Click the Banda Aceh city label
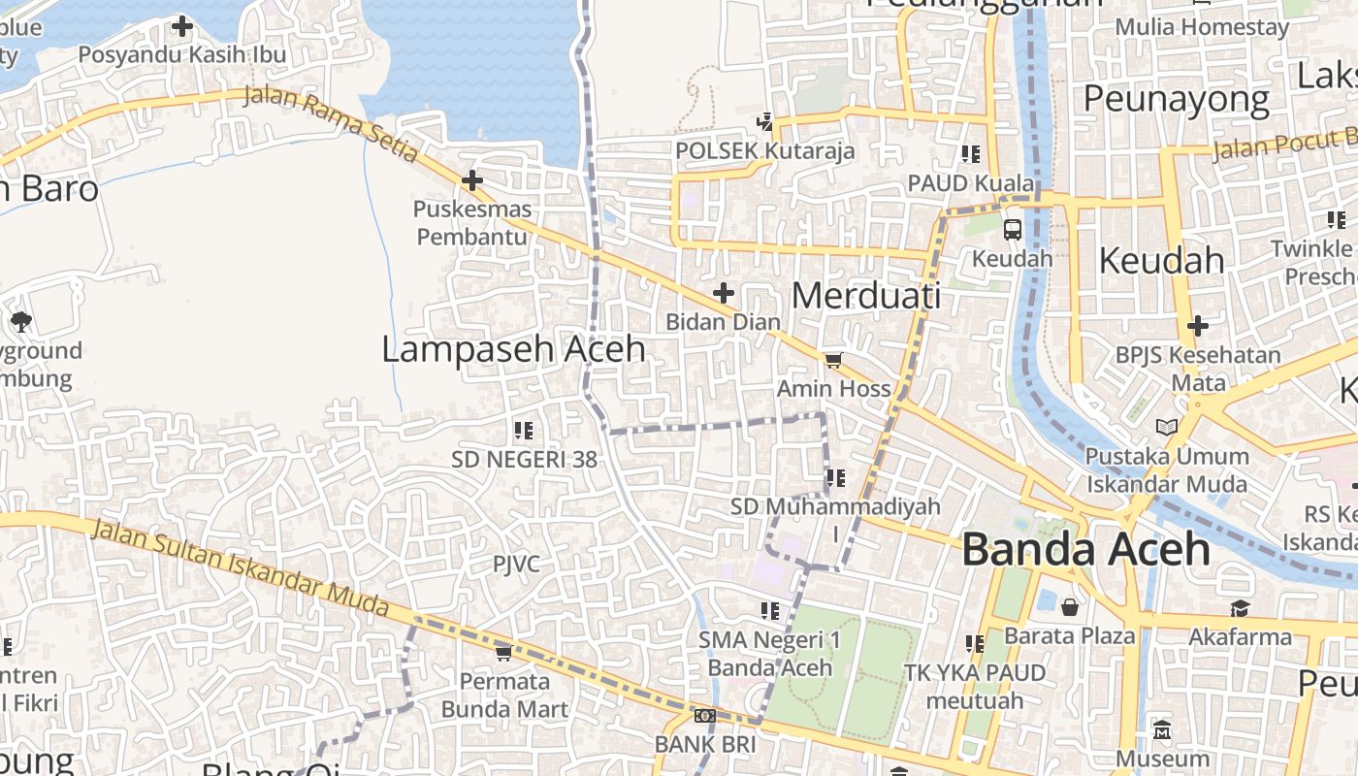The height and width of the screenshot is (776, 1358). coord(1085,549)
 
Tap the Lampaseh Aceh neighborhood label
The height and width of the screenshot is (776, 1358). coord(513,349)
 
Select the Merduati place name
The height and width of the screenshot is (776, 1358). coord(865,296)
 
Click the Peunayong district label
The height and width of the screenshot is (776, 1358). coord(1176,99)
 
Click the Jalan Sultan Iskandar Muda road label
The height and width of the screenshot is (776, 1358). coord(241,568)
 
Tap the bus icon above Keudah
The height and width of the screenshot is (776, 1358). coord(1012,230)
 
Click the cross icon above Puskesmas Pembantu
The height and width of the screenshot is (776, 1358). coord(472,180)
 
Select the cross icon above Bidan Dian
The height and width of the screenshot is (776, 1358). coord(724,293)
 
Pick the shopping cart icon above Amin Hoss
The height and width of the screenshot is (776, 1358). coord(832,361)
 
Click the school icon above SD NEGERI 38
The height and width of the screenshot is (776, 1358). coord(524,430)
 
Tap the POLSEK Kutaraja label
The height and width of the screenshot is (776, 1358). coord(765,150)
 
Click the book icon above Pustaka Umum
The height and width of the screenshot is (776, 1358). coord(1167,427)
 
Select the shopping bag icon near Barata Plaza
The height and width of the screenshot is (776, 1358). coord(1070,607)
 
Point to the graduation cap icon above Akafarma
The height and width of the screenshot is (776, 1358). coord(1240,608)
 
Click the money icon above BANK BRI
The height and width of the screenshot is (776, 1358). coord(705,716)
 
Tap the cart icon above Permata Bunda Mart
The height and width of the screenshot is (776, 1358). coord(502,653)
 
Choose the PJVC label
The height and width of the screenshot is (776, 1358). coord(516,565)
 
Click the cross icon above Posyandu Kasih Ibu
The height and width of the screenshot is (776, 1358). coord(181,26)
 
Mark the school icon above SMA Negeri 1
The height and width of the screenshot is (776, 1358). coord(770,611)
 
